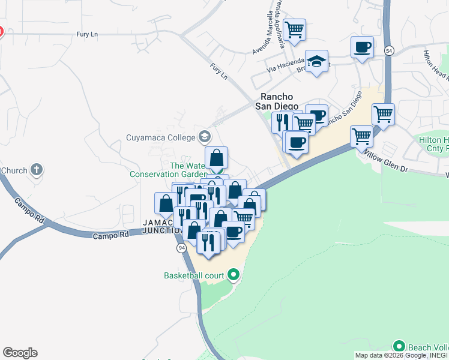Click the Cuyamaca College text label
[161, 137]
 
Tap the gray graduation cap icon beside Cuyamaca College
[206, 137]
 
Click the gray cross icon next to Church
[37, 170]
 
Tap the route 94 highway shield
[181, 248]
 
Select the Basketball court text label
[194, 276]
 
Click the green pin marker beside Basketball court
[234, 275]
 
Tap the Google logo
[20, 353]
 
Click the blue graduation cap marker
[316, 61]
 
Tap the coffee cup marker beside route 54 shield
[362, 47]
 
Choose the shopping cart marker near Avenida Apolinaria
[294, 29]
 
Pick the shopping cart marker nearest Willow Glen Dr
[361, 136]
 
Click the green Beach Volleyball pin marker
[399, 346]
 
